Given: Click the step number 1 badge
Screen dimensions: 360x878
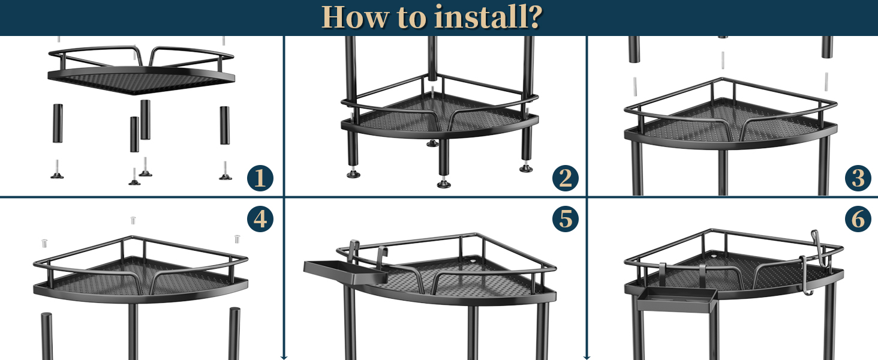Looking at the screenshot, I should click(x=260, y=178).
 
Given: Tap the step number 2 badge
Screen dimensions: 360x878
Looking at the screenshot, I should click(x=565, y=178).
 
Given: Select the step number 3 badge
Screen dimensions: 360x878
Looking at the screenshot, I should click(x=858, y=178).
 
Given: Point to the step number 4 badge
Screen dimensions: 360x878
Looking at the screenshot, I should click(x=260, y=219).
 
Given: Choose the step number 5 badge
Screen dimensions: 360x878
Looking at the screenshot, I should click(x=565, y=219).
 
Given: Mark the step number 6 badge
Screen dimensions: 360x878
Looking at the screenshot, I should click(x=858, y=219).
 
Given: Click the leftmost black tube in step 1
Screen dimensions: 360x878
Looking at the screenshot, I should click(x=58, y=123).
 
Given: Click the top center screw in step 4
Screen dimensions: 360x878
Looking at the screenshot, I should click(x=133, y=220).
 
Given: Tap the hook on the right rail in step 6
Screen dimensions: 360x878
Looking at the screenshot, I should click(x=816, y=240).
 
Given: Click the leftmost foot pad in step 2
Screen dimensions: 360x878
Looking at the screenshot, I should click(x=353, y=174).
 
